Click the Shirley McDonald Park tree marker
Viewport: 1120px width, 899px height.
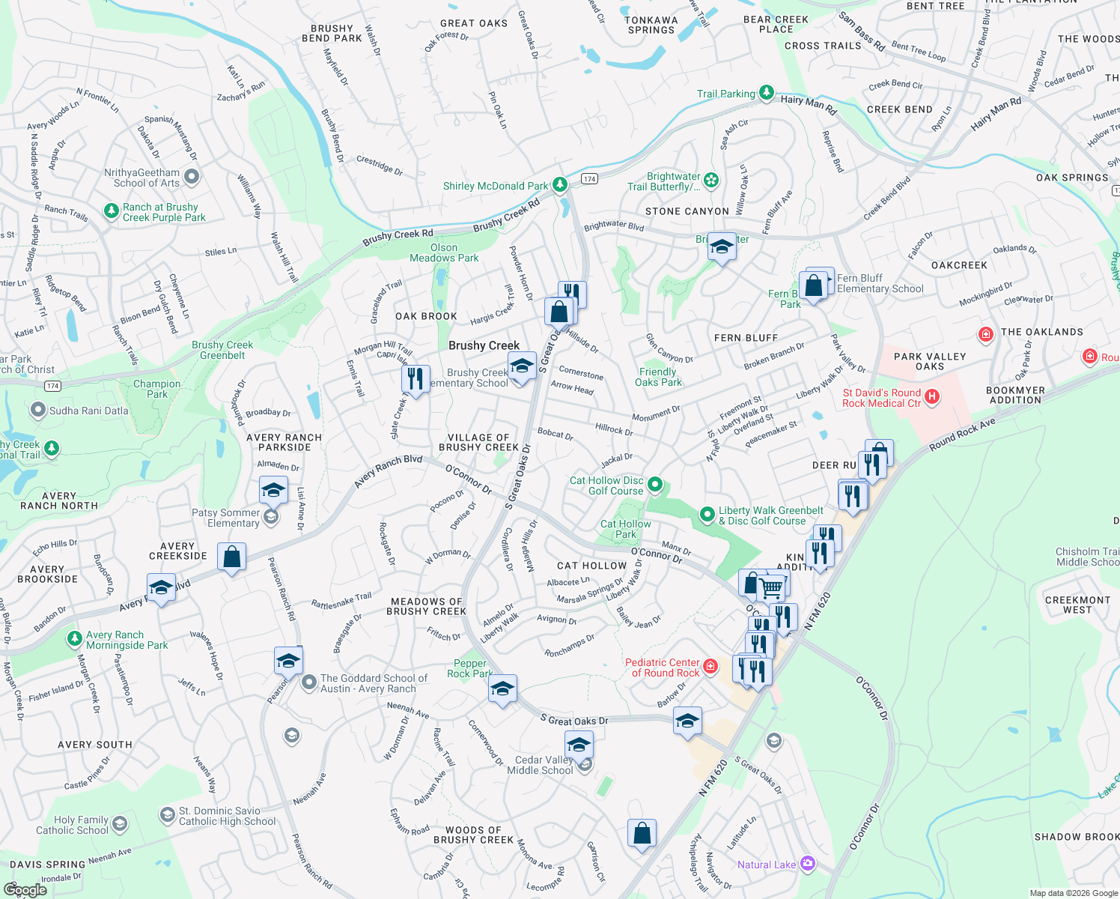[559, 184]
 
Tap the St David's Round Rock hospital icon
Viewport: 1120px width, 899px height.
[932, 397]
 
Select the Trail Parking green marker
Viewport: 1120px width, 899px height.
[766, 92]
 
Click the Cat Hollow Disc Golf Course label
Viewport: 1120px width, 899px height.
[606, 485]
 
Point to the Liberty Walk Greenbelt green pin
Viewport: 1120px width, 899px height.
[707, 514]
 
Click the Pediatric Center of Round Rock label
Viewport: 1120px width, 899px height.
[663, 668]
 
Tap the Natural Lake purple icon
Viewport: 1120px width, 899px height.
[807, 864]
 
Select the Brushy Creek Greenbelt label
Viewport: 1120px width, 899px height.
[222, 350]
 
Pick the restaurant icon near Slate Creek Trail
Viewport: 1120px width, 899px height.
[416, 379]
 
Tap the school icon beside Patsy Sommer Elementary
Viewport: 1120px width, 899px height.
[273, 491]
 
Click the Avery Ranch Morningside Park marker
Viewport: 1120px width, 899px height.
[74, 638]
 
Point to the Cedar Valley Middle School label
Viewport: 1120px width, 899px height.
[540, 765]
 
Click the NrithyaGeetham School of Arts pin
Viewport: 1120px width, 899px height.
[192, 177]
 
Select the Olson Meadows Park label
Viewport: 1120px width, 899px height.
[444, 252]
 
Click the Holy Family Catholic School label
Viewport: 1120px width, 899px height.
[72, 825]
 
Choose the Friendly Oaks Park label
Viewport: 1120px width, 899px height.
[658, 377]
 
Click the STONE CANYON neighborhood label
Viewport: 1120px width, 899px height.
[687, 211]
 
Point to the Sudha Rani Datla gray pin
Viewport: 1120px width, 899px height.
[38, 410]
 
